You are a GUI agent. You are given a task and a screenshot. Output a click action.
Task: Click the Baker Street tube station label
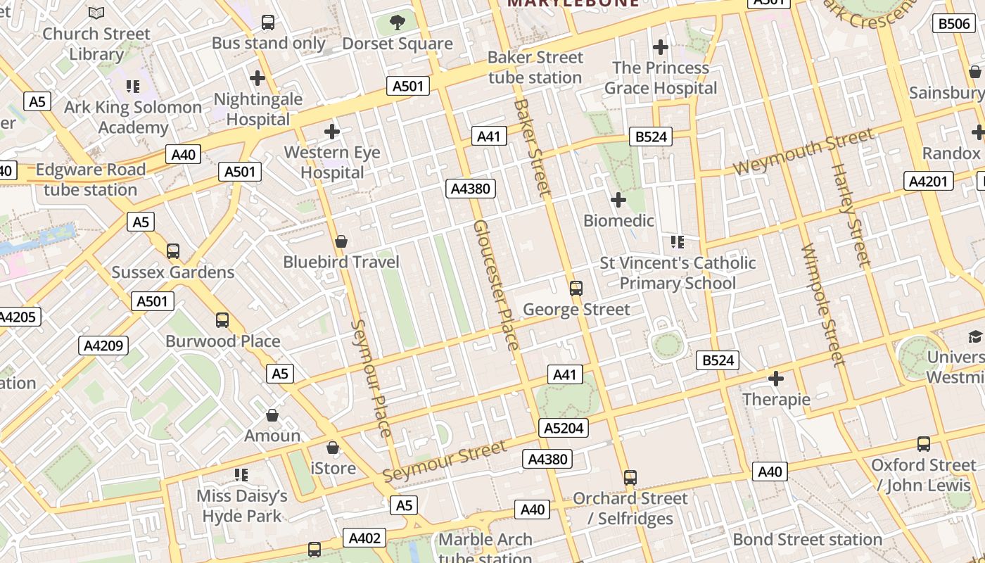click(535, 68)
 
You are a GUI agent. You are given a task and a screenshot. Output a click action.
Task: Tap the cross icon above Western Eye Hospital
click(332, 132)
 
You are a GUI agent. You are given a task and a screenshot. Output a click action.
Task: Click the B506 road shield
click(954, 24)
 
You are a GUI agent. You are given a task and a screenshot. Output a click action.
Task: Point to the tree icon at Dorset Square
click(398, 22)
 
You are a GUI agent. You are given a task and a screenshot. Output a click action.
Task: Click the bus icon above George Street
click(576, 288)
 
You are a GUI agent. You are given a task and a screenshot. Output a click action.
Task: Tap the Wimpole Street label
click(822, 305)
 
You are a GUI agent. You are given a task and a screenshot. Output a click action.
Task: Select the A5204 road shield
click(565, 428)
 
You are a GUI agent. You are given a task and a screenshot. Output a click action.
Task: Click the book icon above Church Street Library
click(96, 13)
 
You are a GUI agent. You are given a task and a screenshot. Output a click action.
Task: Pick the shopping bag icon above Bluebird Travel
click(341, 241)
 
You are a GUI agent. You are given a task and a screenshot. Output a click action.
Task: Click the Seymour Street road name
click(445, 461)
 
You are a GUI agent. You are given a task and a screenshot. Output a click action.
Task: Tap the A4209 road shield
click(103, 346)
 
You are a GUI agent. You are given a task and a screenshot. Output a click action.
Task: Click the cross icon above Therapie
click(776, 379)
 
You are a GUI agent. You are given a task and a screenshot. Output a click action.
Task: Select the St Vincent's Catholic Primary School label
click(678, 273)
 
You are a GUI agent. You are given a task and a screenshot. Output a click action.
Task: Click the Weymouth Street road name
click(803, 151)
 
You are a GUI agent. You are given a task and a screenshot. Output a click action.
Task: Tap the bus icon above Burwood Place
click(222, 320)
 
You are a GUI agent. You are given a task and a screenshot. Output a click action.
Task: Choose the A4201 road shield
click(928, 182)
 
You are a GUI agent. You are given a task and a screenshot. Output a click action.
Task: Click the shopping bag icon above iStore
click(333, 448)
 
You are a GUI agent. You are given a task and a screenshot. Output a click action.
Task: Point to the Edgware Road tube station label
click(90, 179)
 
